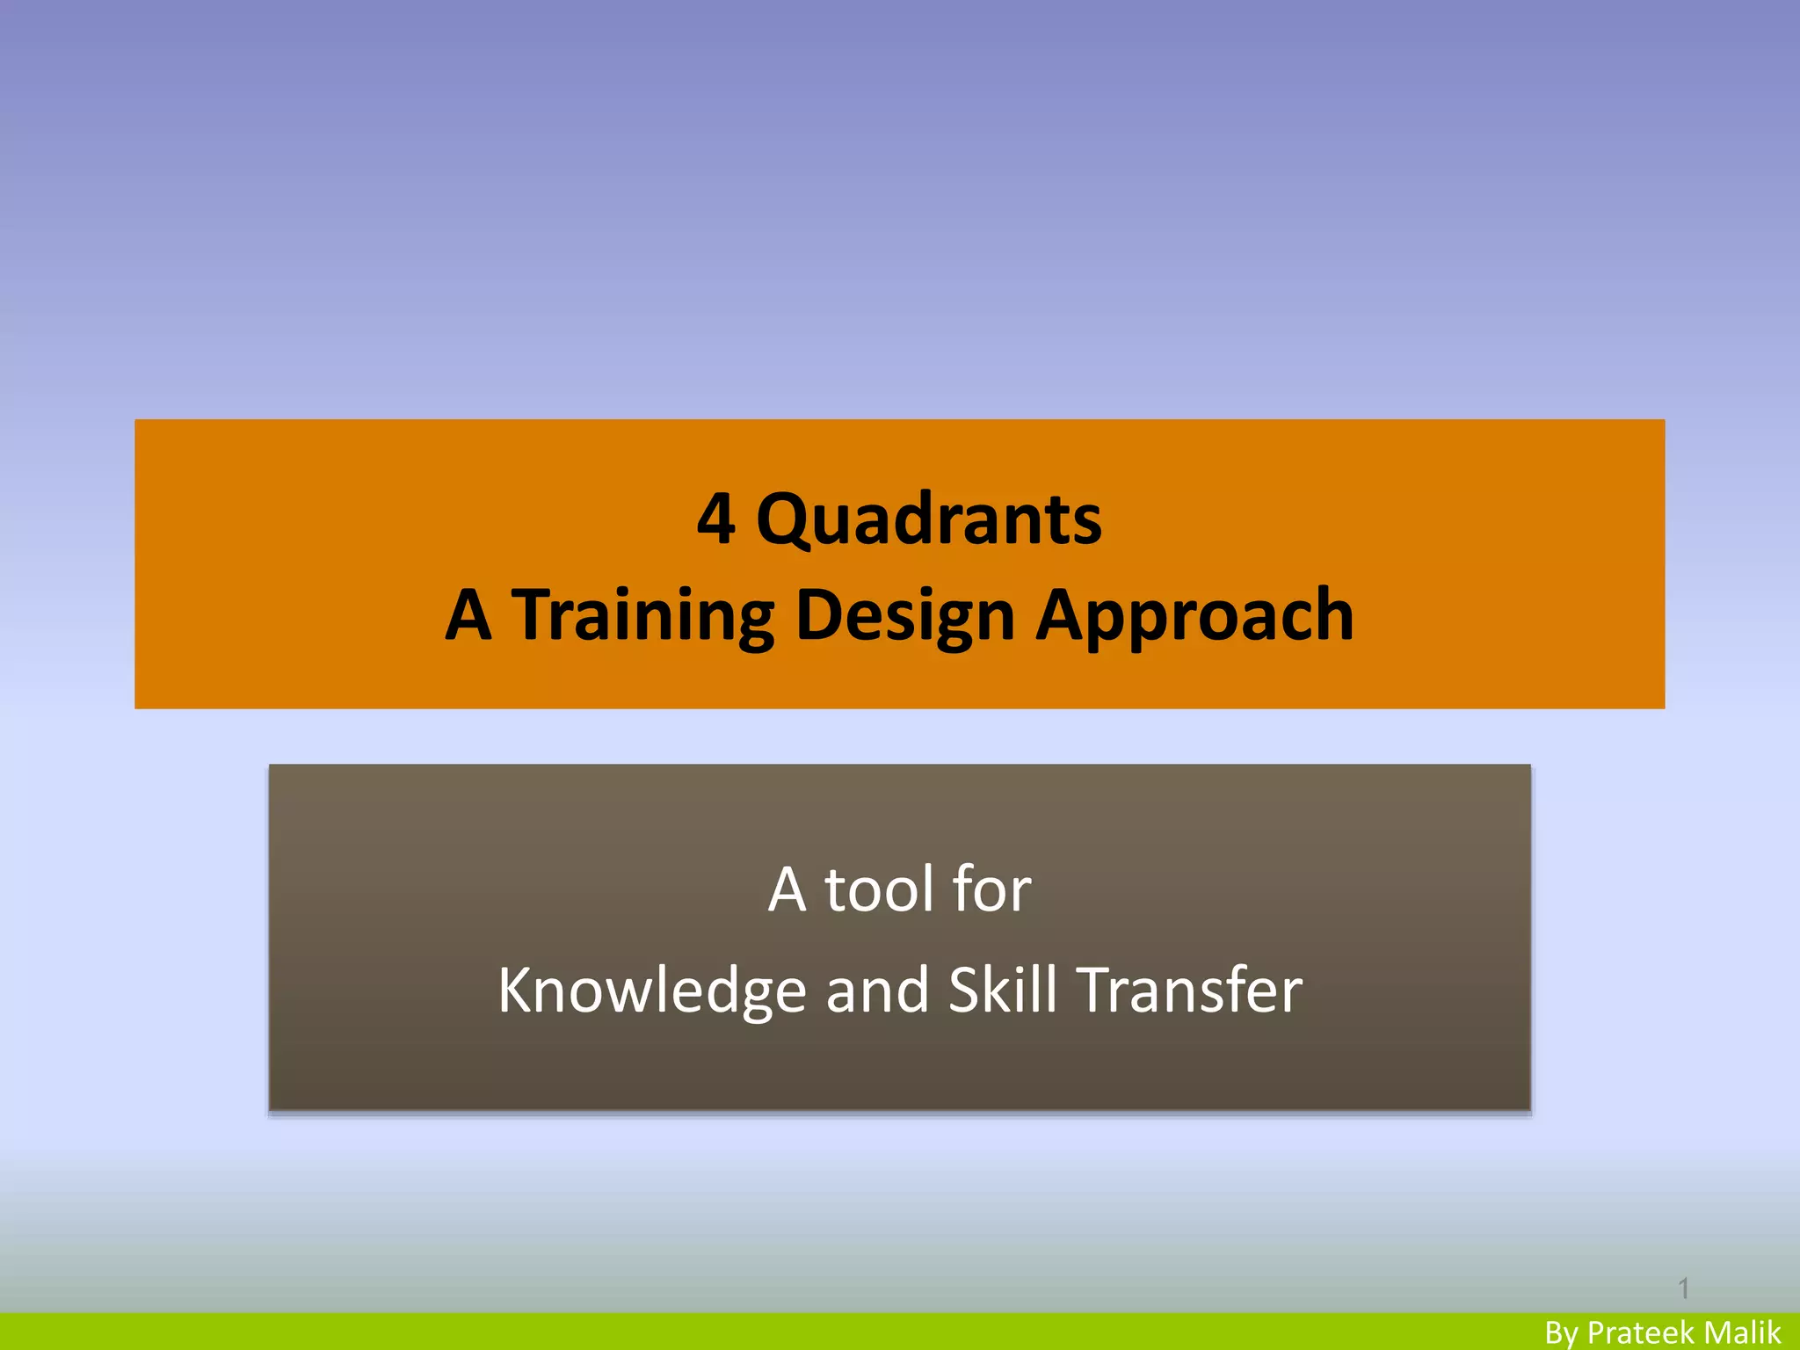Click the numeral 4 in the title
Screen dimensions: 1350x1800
click(715, 519)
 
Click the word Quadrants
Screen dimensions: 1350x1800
click(929, 519)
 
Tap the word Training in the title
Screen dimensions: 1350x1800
click(643, 614)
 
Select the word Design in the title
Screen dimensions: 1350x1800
click(905, 614)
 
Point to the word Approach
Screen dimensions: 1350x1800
click(1195, 614)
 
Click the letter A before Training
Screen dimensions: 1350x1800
click(468, 614)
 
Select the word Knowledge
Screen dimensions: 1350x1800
click(651, 991)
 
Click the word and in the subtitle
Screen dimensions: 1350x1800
click(877, 991)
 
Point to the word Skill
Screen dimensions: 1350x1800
click(1003, 991)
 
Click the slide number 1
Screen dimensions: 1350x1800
click(1683, 1288)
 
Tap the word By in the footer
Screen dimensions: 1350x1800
click(1562, 1333)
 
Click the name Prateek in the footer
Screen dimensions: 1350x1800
click(1641, 1333)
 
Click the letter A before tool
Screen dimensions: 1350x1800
click(787, 889)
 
